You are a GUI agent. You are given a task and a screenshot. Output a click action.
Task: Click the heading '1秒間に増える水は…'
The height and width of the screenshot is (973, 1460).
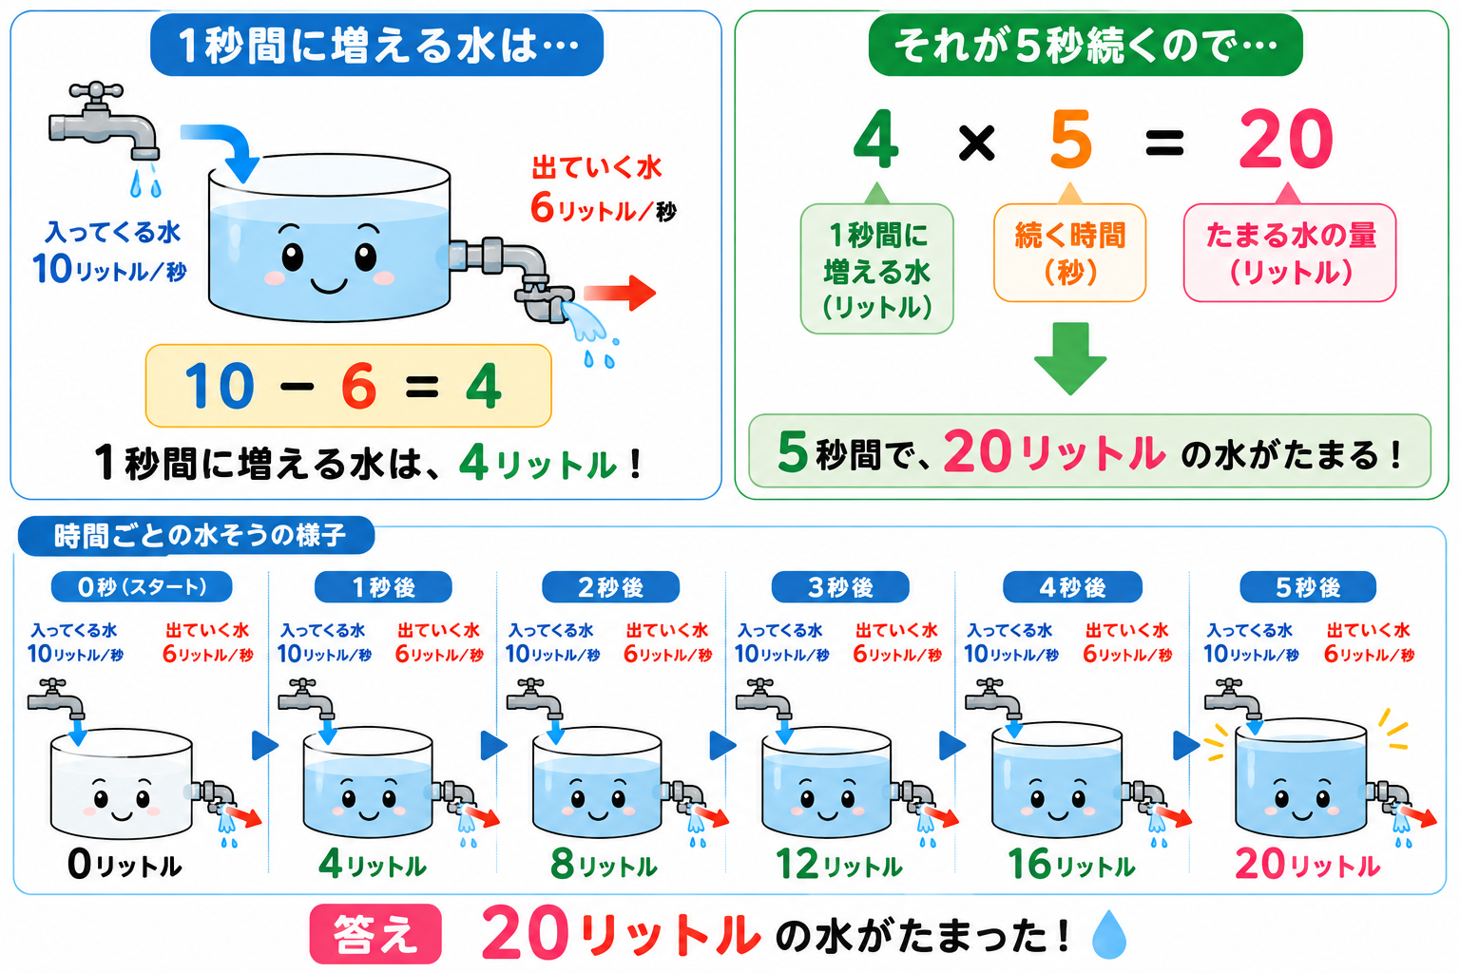pyautogui.click(x=376, y=45)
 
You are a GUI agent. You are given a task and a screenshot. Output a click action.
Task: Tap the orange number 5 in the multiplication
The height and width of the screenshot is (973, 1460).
pyautogui.click(x=1071, y=140)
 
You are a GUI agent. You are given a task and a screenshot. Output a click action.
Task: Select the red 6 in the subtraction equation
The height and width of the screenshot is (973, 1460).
pyautogui.click(x=359, y=386)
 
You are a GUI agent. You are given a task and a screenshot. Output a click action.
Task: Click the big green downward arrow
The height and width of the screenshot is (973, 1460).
pyautogui.click(x=1069, y=358)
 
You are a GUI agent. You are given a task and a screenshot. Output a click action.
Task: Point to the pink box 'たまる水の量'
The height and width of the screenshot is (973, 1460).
pyautogui.click(x=1289, y=253)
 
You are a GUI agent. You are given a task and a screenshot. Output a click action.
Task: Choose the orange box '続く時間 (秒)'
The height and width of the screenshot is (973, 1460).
pyautogui.click(x=1069, y=253)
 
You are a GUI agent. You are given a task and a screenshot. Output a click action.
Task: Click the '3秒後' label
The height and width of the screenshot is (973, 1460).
pyautogui.click(x=840, y=587)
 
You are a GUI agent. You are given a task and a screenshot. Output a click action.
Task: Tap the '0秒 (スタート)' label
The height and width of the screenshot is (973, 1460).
pyautogui.click(x=142, y=587)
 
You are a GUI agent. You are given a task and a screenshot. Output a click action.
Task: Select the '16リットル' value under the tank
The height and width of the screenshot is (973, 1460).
pyautogui.click(x=1071, y=864)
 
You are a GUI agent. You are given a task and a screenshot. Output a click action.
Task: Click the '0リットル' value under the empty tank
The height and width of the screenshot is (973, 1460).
pyautogui.click(x=125, y=865)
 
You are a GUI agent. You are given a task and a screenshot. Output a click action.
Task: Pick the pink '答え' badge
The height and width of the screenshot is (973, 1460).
pyautogui.click(x=375, y=934)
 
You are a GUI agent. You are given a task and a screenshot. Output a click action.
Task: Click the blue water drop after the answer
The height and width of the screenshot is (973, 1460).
pyautogui.click(x=1109, y=934)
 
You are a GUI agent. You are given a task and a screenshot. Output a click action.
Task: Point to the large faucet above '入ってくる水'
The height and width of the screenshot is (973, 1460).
pyautogui.click(x=104, y=122)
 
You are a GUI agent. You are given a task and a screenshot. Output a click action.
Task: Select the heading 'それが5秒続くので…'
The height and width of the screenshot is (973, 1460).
pyautogui.click(x=1085, y=45)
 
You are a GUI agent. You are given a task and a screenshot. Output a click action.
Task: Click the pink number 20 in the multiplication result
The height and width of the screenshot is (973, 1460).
pyautogui.click(x=1286, y=140)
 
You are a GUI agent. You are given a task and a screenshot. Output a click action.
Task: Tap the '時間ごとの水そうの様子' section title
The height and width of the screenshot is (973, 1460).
pyautogui.click(x=197, y=536)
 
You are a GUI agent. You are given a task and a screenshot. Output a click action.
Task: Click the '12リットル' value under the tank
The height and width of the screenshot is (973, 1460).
pyautogui.click(x=839, y=864)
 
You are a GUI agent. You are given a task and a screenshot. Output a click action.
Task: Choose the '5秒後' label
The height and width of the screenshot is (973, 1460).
pyautogui.click(x=1308, y=587)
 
